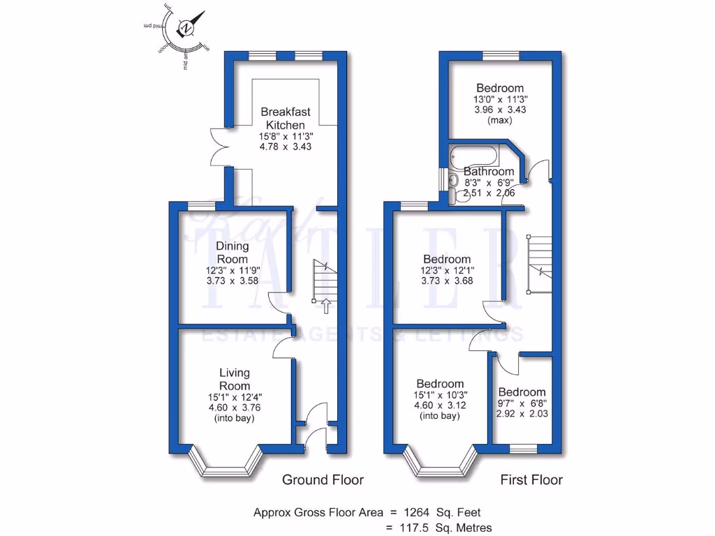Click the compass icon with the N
click(x=186, y=29)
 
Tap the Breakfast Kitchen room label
click(x=286, y=118)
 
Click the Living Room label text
click(x=234, y=379)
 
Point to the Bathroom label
click(x=489, y=172)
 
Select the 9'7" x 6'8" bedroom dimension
click(x=522, y=403)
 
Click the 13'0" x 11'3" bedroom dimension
click(x=500, y=100)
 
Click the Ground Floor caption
click(x=323, y=479)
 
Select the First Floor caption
click(x=531, y=479)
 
